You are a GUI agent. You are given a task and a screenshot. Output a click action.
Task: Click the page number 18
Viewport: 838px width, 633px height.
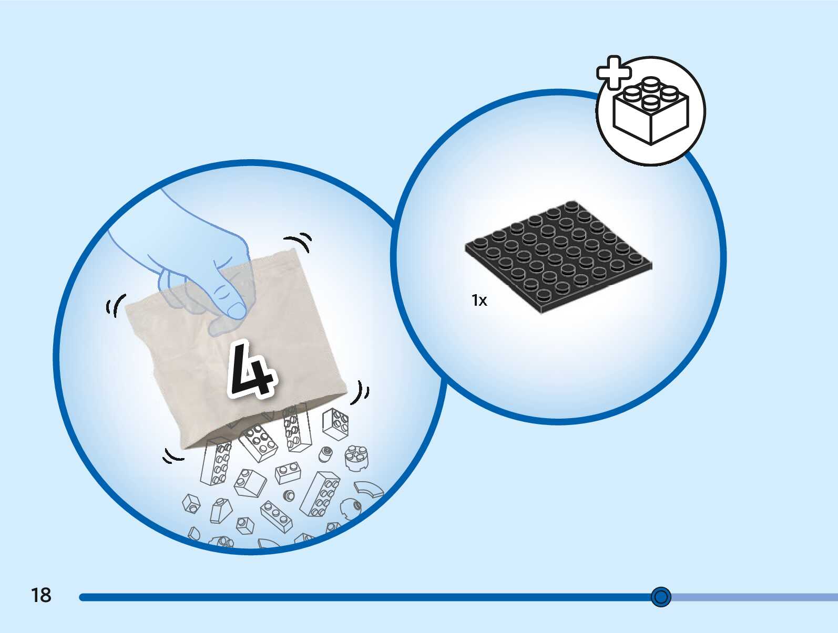coord(41,595)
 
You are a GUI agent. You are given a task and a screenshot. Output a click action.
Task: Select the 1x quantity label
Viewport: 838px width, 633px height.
coord(479,300)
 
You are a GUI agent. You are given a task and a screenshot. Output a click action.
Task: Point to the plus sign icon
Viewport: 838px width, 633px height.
coord(614,72)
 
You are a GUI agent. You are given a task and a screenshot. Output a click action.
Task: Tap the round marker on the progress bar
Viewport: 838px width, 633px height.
coord(661,597)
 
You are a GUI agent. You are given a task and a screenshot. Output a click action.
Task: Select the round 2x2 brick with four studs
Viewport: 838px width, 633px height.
coord(356,456)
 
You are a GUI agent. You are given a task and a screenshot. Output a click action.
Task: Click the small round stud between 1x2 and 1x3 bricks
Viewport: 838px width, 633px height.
coord(289,495)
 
